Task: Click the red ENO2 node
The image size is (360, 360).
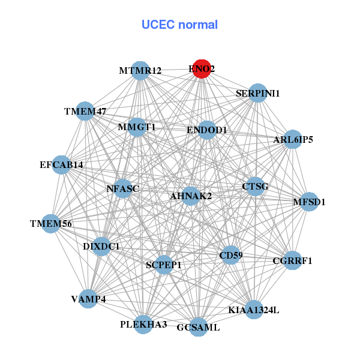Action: tap(202, 69)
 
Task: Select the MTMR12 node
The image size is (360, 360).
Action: tap(140, 71)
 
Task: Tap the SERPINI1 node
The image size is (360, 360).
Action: tap(257, 93)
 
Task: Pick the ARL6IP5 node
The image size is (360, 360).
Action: tap(293, 140)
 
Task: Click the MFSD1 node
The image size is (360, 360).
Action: tap(303, 202)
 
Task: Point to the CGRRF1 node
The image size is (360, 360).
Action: tap(292, 260)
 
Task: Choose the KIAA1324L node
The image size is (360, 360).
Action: tap(254, 310)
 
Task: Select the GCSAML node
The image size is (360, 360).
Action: tap(198, 328)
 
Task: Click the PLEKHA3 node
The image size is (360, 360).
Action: tap(143, 324)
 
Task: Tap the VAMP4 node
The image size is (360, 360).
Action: tap(88, 299)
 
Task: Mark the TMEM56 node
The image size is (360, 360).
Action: tap(52, 224)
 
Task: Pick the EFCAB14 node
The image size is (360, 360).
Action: tap(62, 164)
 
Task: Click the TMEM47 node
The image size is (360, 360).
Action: tap(86, 111)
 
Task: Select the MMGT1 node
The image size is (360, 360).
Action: tap(137, 127)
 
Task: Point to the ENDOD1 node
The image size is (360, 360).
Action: tap(206, 130)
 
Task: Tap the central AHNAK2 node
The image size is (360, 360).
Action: tap(191, 196)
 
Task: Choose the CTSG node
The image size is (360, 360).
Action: tap(255, 186)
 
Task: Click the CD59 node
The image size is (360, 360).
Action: tap(231, 256)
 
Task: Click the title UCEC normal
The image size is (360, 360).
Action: tap(179, 25)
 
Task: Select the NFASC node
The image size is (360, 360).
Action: tap(122, 188)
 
